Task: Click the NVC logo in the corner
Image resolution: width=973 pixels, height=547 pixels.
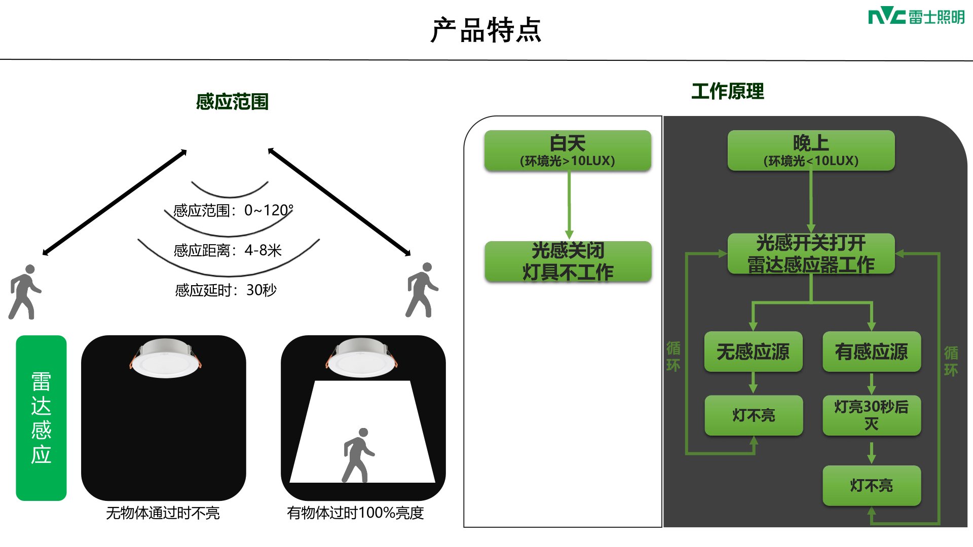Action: tap(916, 17)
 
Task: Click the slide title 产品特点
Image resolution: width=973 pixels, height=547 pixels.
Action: tap(486, 30)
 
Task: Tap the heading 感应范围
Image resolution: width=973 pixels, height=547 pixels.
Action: tap(232, 102)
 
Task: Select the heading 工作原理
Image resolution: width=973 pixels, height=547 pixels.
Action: tap(728, 91)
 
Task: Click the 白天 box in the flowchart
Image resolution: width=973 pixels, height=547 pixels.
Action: tap(568, 150)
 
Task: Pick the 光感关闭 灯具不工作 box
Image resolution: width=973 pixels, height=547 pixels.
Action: tap(568, 261)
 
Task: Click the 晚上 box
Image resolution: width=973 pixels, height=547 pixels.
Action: tap(811, 150)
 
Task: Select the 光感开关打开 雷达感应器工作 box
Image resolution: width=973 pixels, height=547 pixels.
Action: tap(811, 254)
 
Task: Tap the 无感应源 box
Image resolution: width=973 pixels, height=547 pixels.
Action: tap(753, 351)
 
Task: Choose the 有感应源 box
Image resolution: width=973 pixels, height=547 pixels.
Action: tap(871, 351)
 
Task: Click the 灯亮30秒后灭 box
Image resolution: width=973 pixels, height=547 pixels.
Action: tap(871, 415)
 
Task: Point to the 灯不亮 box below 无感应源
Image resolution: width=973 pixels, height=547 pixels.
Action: tap(754, 415)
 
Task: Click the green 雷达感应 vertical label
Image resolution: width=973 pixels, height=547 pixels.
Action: tap(41, 418)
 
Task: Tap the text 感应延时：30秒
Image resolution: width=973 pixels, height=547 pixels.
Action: tap(226, 290)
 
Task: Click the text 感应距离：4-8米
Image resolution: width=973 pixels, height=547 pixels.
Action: tap(228, 250)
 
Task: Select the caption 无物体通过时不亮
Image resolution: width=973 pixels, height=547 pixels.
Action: tap(163, 513)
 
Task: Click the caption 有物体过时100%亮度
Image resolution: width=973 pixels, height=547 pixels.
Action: tap(355, 513)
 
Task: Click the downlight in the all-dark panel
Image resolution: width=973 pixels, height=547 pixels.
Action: tap(165, 358)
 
